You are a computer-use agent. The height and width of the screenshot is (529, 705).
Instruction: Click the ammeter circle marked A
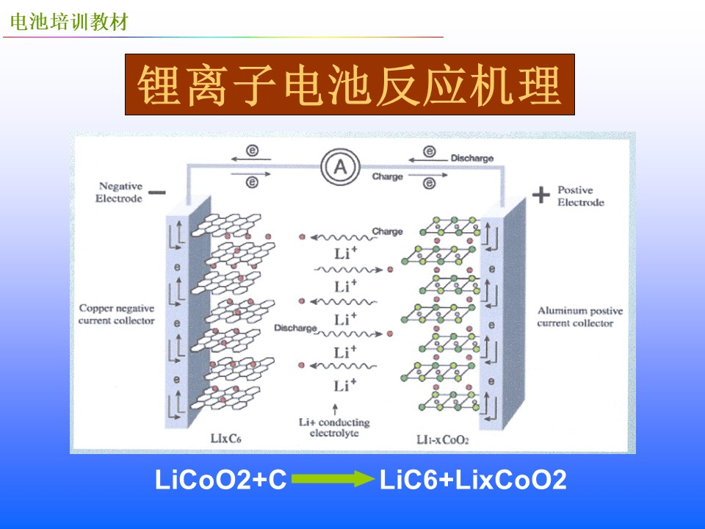tap(340, 167)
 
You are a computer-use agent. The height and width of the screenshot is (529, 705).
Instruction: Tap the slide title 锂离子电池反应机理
tap(350, 85)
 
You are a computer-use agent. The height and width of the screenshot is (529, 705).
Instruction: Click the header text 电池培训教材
tap(69, 22)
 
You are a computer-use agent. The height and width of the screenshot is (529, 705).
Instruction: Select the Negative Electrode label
tap(119, 192)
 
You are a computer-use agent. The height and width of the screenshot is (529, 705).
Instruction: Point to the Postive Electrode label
tap(580, 195)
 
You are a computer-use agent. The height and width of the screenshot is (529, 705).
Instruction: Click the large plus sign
tap(541, 195)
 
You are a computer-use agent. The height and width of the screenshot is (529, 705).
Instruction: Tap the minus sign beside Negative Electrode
tap(157, 192)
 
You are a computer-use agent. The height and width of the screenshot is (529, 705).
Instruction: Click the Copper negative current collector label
tap(117, 314)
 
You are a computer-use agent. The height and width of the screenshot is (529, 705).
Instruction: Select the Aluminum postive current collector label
tap(580, 317)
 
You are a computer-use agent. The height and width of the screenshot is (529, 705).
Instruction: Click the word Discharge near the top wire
tap(472, 158)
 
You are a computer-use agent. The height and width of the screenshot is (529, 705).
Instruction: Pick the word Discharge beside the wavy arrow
tap(295, 328)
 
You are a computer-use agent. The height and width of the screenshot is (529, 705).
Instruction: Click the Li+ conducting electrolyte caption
tap(335, 428)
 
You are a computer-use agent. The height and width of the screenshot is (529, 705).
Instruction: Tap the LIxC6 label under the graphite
tap(225, 438)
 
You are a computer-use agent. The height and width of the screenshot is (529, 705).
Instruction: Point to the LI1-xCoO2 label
tap(442, 439)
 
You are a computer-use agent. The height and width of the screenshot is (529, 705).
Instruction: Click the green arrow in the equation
tap(333, 478)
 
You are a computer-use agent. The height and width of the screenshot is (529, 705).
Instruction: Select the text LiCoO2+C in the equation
tap(221, 480)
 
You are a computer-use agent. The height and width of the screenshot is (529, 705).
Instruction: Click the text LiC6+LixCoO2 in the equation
tap(473, 480)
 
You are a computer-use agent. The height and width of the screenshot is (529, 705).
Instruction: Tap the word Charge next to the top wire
tap(388, 176)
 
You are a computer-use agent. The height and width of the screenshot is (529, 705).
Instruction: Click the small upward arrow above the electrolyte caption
tap(335, 409)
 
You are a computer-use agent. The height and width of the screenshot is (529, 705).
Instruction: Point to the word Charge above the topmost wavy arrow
tap(387, 231)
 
